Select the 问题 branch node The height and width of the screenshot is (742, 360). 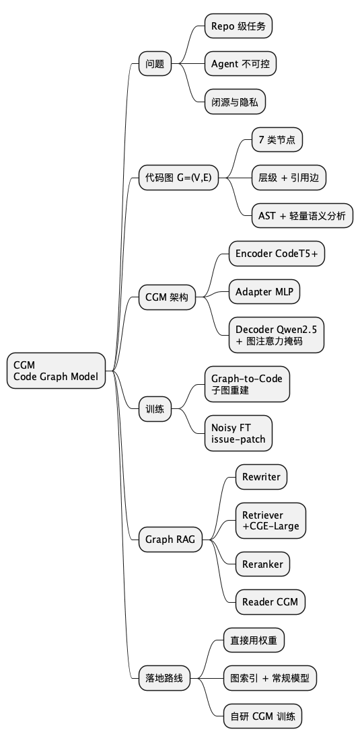(x=155, y=65)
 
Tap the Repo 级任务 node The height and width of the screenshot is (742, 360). (x=238, y=26)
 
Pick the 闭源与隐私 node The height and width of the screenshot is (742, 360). (x=235, y=103)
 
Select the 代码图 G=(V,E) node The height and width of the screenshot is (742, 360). (x=178, y=178)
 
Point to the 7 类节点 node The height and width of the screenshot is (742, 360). (x=277, y=140)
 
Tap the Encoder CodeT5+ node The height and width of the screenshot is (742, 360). (x=277, y=254)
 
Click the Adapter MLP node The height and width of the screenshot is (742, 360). (x=264, y=292)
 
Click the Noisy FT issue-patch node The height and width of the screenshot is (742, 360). (x=238, y=433)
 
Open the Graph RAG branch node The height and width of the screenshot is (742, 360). (x=171, y=539)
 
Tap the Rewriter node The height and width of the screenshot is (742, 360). (x=261, y=477)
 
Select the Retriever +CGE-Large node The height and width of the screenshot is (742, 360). (x=271, y=520)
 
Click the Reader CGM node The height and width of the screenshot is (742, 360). (x=270, y=601)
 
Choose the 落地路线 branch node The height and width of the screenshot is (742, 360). (x=164, y=678)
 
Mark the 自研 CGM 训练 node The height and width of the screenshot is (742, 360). (x=262, y=716)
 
